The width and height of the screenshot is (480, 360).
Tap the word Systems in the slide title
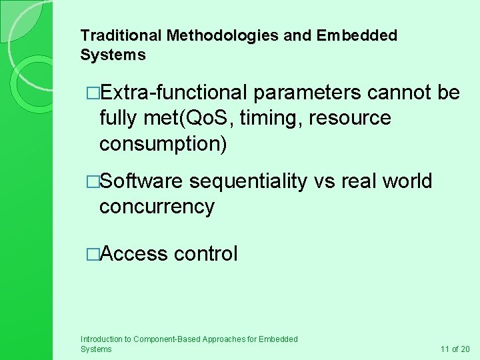112,55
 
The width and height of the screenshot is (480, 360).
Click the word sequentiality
248,181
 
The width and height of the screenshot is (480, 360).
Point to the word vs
325,181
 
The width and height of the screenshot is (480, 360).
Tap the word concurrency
157,207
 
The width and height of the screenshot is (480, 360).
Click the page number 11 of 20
455,349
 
